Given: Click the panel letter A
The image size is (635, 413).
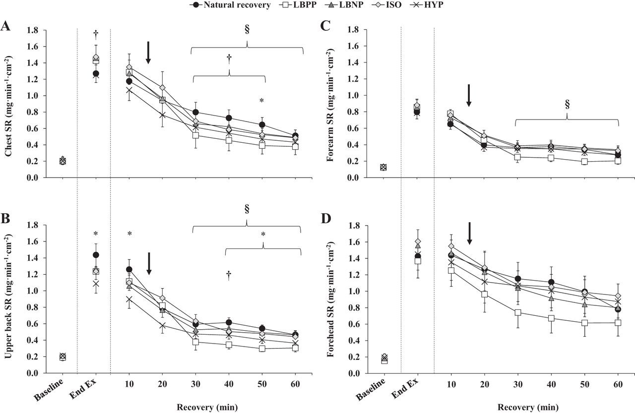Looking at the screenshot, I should (6, 27).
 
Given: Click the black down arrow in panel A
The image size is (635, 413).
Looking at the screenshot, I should (148, 53).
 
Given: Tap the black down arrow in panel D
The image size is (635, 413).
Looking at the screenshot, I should (469, 233).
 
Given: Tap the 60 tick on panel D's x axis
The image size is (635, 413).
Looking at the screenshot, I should (618, 385).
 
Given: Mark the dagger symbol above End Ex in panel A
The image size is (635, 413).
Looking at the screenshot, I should (96, 34).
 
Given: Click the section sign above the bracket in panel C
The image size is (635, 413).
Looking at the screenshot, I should (567, 105).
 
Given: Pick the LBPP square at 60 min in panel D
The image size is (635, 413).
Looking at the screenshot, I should (618, 322).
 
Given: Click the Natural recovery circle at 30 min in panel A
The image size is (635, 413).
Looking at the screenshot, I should (196, 112).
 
